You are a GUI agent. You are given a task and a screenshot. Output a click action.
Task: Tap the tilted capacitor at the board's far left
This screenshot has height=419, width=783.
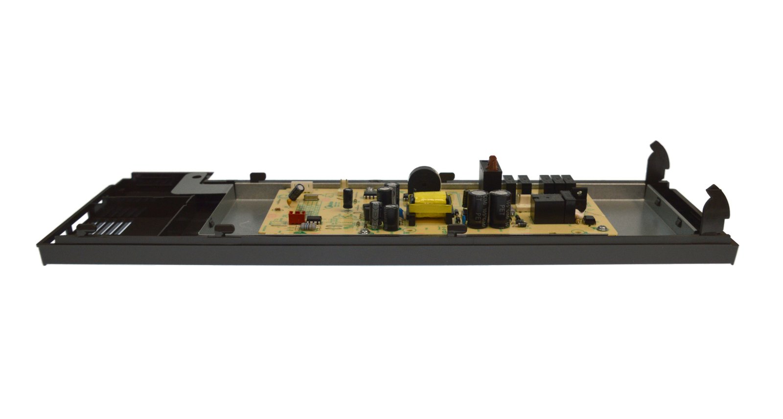295,193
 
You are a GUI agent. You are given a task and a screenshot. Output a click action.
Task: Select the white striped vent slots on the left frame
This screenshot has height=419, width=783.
113,227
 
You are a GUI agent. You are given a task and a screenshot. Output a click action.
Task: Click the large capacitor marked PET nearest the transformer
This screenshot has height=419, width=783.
478,208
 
